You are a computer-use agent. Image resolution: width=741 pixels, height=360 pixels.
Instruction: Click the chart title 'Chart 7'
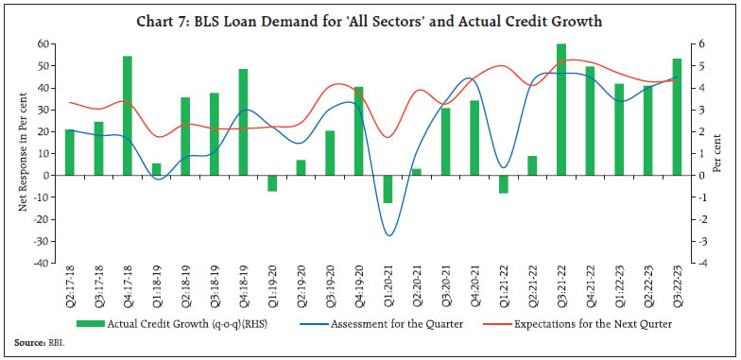coord(370,20)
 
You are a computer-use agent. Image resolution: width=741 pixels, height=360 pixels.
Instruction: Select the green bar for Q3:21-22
coord(560,110)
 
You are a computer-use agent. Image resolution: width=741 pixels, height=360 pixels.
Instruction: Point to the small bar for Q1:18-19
coord(156,169)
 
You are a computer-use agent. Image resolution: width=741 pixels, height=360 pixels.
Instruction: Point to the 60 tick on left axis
coord(44,44)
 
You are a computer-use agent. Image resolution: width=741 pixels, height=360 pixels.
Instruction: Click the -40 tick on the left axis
coord(42,264)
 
